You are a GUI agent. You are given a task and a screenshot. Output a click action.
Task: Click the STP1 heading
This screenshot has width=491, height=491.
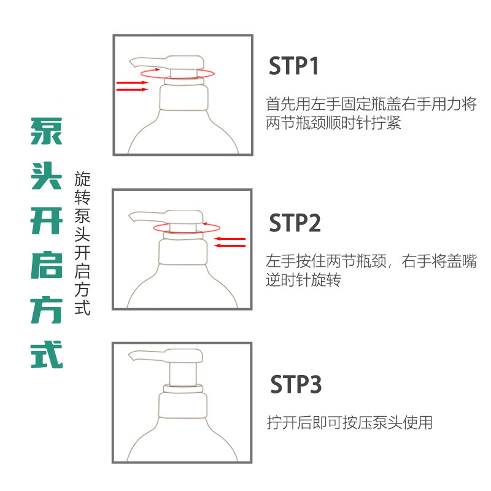point(295,66)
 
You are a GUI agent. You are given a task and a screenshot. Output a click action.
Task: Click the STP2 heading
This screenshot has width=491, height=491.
point(295,223)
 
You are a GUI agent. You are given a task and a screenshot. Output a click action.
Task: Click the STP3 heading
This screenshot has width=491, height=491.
point(296,385)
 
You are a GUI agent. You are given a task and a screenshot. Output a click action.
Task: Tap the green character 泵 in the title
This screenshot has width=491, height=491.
point(47,131)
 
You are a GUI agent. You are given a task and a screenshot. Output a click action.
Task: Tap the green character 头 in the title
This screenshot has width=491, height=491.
point(47,177)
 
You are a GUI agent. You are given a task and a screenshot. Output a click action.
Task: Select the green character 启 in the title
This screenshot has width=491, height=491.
point(47,266)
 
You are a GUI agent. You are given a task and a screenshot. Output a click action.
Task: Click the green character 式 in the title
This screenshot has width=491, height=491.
point(47,355)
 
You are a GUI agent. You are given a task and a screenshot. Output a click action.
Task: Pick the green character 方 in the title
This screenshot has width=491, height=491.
point(47,311)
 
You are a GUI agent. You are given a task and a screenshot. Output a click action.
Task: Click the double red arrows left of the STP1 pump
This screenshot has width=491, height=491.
point(132,85)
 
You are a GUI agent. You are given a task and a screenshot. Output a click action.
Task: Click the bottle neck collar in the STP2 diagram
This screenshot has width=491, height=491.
point(182,252)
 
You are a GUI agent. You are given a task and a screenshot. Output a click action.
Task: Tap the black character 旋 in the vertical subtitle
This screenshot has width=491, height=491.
point(82,180)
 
